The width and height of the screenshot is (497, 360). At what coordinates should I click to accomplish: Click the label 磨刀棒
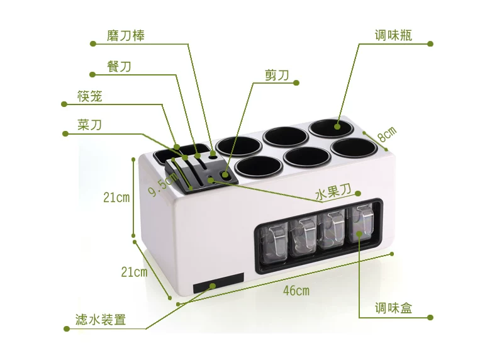click(126, 35)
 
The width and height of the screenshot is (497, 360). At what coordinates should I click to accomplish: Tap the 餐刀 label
click(119, 67)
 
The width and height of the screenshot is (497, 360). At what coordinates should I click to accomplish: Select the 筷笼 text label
click(90, 96)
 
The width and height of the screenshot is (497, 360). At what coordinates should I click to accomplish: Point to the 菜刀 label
click(90, 125)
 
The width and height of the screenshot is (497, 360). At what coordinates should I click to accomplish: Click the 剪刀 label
click(277, 75)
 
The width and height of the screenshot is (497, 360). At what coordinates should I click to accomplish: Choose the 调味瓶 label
click(393, 35)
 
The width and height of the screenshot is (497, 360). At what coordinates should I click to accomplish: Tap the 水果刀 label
click(333, 192)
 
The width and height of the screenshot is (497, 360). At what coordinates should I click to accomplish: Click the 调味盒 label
click(393, 308)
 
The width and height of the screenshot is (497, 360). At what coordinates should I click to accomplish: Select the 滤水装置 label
click(101, 319)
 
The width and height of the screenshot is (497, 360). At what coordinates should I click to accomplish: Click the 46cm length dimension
click(296, 291)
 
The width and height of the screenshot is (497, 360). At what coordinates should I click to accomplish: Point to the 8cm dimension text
click(387, 134)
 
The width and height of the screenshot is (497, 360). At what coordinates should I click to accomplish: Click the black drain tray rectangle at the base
click(218, 283)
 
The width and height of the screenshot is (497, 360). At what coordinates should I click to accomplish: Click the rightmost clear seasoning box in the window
click(362, 224)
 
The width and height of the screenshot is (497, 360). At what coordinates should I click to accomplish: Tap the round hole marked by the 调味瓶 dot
click(331, 128)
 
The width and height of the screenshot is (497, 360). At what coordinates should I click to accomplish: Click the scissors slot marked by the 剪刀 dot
click(225, 175)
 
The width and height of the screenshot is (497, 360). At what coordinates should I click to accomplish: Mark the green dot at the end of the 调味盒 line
click(430, 317)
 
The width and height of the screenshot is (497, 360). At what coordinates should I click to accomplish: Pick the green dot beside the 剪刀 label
click(296, 83)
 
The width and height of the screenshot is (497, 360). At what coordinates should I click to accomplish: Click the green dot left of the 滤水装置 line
click(67, 329)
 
